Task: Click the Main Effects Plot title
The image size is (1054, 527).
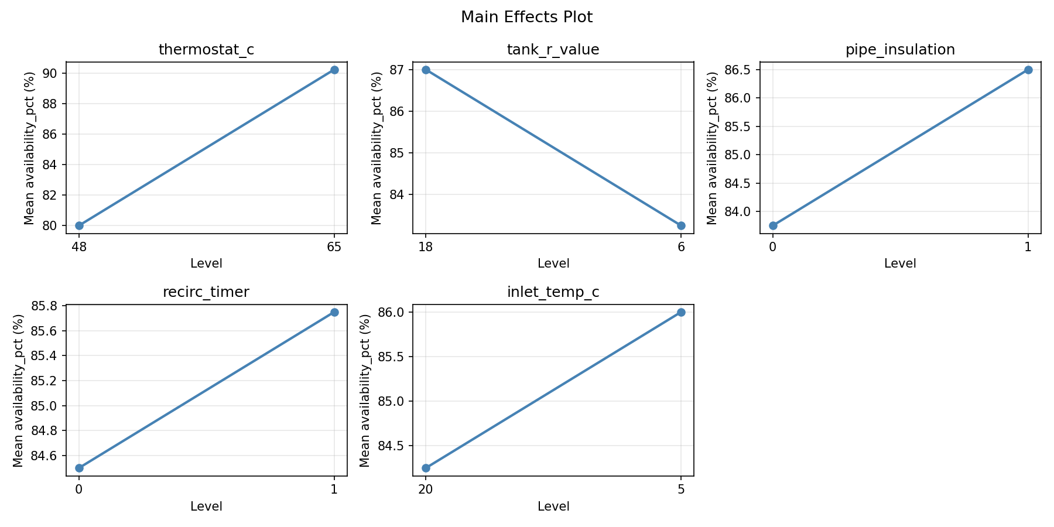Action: click(x=526, y=17)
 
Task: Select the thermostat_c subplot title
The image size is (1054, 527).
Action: click(x=206, y=50)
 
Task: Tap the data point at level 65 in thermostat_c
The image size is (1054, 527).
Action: click(x=334, y=70)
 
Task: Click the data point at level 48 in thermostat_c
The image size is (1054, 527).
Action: click(x=79, y=225)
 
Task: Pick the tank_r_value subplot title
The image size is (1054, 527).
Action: click(x=553, y=50)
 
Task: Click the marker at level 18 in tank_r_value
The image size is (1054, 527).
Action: click(x=426, y=70)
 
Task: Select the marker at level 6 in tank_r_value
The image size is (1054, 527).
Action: click(x=681, y=225)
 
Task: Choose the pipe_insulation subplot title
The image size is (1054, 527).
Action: click(x=900, y=50)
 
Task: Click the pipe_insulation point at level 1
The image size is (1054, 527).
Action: click(x=1028, y=70)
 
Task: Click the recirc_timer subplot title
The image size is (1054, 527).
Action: click(x=206, y=292)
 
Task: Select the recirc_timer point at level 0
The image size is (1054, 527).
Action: click(x=79, y=468)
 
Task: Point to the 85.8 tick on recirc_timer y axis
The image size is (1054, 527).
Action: click(x=49, y=306)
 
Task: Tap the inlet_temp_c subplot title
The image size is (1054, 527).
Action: click(x=553, y=292)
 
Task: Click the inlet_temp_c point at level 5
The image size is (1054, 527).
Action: click(x=681, y=312)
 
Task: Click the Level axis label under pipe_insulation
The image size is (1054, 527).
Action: click(x=900, y=263)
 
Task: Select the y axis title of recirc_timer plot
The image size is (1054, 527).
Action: click(x=18, y=391)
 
